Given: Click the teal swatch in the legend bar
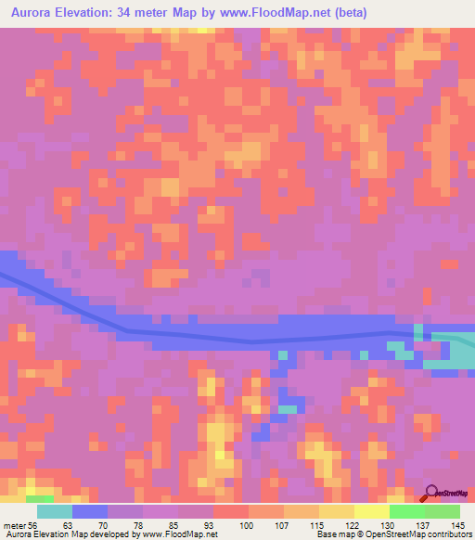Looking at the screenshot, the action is pos(56,511).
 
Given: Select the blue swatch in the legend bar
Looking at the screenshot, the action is pos(91,511).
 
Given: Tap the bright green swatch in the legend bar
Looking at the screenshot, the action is pos(407,511).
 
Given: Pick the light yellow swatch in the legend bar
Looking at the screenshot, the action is pos(372,511).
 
